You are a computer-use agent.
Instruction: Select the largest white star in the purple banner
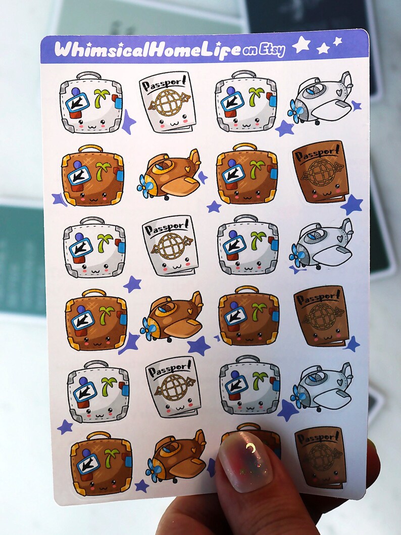click(301, 45)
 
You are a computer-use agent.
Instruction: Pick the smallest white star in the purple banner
click(337, 41)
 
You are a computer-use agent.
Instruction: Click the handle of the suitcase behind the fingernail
click(248, 427)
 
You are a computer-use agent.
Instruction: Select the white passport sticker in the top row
click(164, 102)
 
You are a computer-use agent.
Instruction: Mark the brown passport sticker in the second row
click(321, 172)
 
